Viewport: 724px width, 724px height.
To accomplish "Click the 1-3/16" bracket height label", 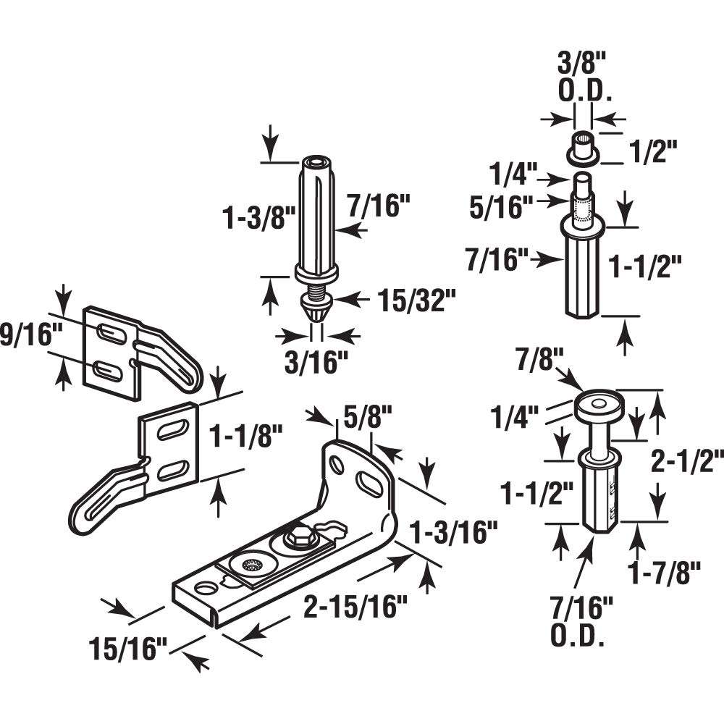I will tap(453, 534).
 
